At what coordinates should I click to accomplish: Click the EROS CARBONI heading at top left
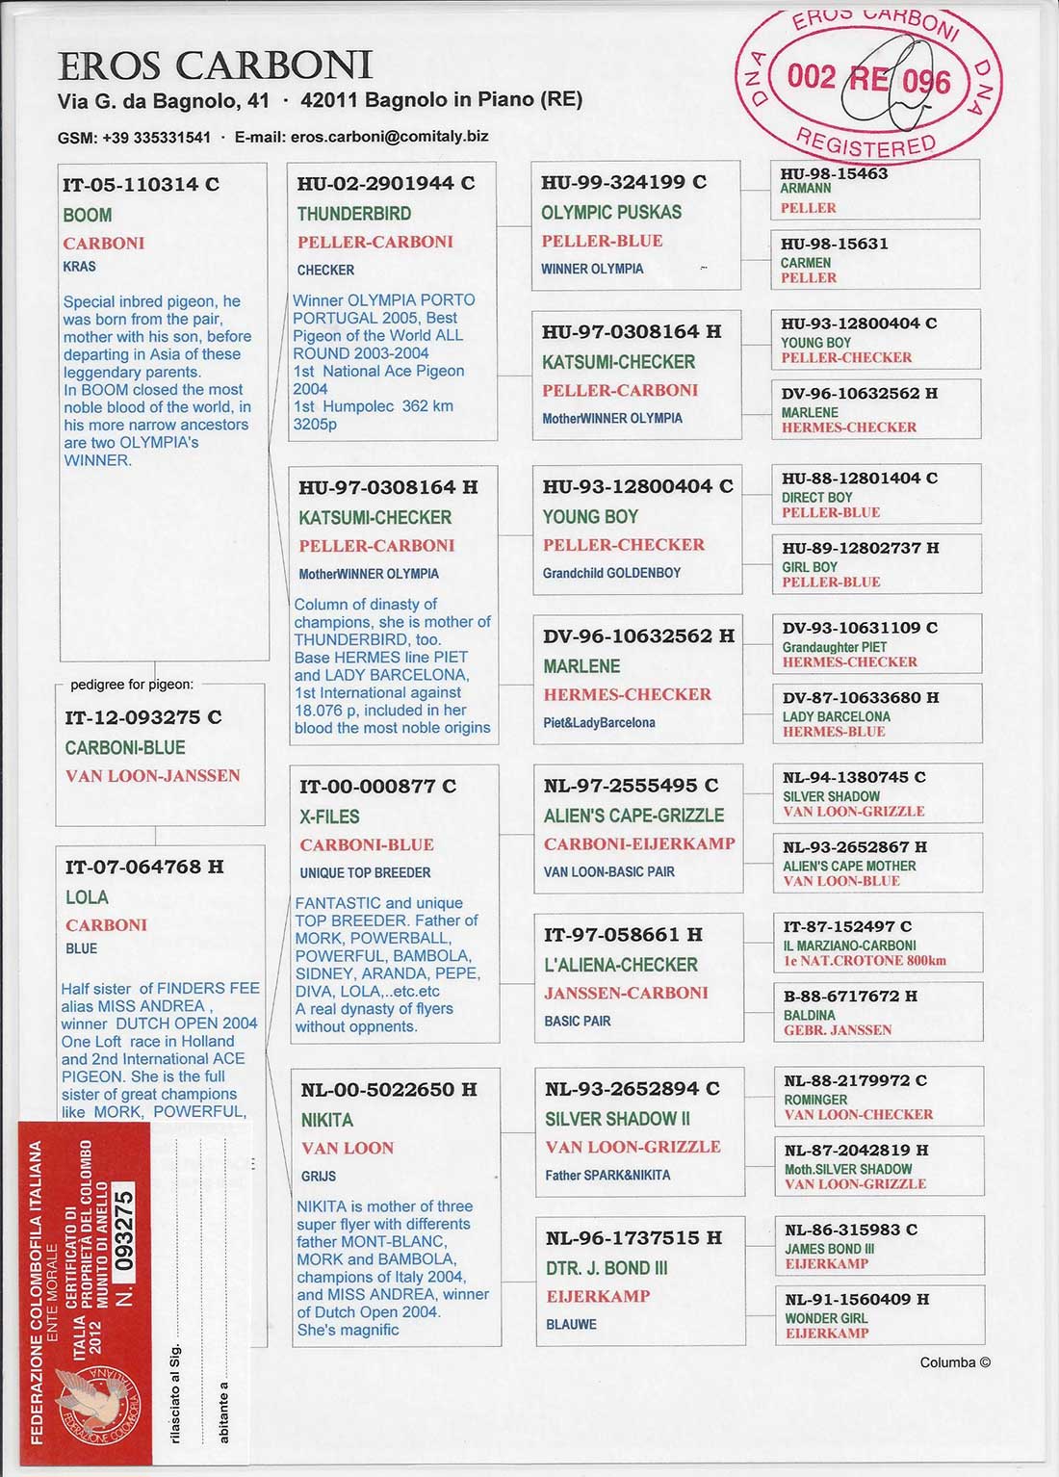[215, 65]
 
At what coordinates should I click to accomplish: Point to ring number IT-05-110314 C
[141, 185]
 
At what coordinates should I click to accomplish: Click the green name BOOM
[88, 215]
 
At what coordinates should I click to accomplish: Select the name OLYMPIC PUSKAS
[611, 212]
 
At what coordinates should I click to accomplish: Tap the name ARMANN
[806, 189]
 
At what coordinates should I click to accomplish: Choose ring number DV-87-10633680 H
[860, 697]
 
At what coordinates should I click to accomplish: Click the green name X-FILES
[329, 816]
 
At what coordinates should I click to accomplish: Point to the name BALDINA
[810, 1015]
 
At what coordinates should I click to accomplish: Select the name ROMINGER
[815, 1100]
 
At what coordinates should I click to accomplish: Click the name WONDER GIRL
[826, 1318]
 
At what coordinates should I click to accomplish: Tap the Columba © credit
[954, 1362]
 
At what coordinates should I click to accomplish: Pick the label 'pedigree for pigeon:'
[132, 685]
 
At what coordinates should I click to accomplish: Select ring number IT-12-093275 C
[143, 717]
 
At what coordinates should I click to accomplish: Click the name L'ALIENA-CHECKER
[621, 965]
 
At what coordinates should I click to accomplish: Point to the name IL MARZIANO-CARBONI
[849, 946]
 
